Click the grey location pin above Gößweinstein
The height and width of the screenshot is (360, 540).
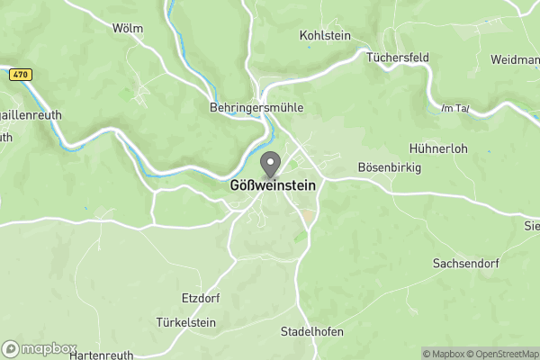(x=270, y=165)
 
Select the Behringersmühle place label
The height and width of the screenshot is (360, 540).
(x=256, y=107)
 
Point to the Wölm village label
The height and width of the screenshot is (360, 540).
(x=128, y=28)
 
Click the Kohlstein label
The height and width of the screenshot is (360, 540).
(x=324, y=36)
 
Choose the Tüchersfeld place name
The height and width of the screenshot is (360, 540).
(x=398, y=57)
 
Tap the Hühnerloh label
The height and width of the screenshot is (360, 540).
(x=438, y=148)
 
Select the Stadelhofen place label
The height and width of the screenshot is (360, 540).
(x=312, y=331)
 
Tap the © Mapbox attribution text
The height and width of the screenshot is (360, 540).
(x=443, y=354)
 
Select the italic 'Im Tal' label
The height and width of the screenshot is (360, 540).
(x=455, y=108)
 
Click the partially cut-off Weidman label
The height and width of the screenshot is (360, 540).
(x=515, y=58)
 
